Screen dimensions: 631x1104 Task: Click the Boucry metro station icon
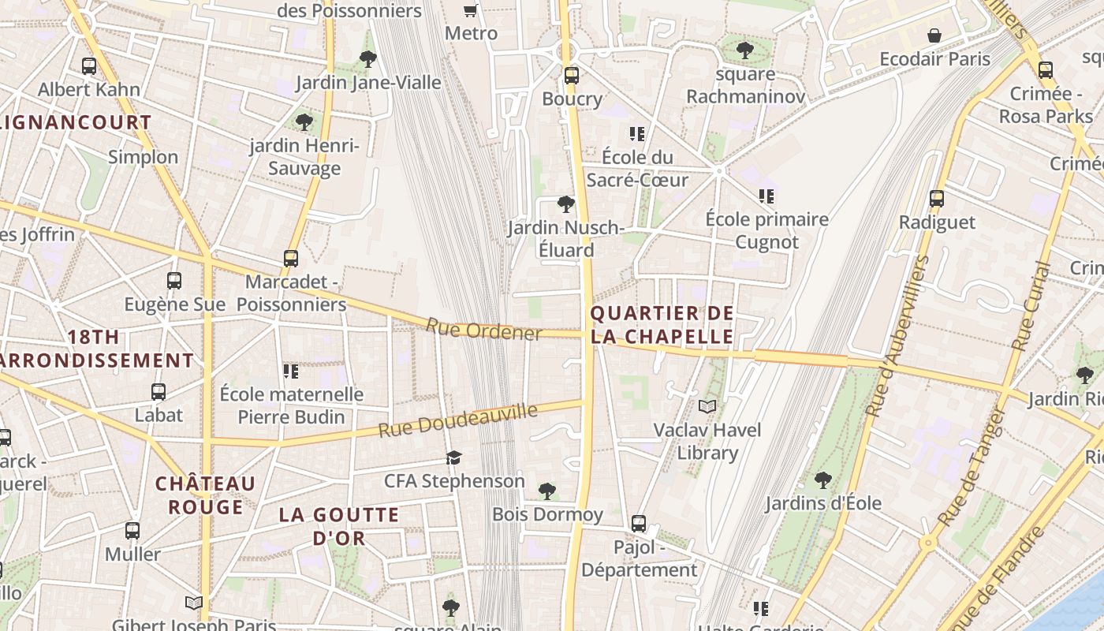point(572,76)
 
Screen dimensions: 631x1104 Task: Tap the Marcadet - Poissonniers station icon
point(291,258)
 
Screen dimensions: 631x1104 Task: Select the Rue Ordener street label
point(483,330)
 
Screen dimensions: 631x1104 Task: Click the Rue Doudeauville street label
point(457,421)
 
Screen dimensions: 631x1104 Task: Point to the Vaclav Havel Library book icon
point(707,406)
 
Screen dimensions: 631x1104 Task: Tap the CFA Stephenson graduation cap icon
point(453,457)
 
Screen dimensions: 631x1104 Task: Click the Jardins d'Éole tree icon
point(822,480)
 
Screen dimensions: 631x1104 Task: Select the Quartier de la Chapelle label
point(662,325)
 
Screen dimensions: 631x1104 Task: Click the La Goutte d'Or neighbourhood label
point(339,527)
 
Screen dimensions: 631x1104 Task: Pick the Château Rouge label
point(205,495)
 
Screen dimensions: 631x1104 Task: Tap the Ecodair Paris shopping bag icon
point(934,35)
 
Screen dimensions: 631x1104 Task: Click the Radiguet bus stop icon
point(937,199)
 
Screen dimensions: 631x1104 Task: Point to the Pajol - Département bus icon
point(639,523)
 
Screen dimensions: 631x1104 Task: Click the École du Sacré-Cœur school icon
point(637,133)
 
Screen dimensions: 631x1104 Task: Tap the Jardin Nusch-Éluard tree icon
point(565,205)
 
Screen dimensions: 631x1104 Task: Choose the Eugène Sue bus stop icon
point(174,280)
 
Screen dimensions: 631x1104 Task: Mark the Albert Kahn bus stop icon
point(89,66)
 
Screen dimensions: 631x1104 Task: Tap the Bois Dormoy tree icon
point(547,491)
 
